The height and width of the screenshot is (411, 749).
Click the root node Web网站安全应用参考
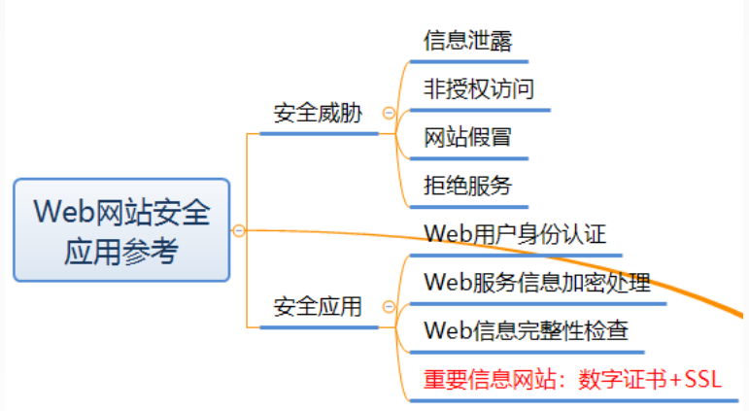point(121,230)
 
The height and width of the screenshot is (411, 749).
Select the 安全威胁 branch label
point(318,113)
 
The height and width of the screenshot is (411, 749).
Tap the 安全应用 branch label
point(318,307)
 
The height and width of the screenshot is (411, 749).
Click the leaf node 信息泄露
point(467,40)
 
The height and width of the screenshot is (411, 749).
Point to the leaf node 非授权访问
point(479,88)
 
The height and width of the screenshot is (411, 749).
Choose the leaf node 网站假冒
point(467,136)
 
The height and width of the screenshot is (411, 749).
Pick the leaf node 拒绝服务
point(467,185)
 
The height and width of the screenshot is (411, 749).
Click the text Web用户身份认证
point(515,234)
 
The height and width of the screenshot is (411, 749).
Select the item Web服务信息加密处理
point(537,283)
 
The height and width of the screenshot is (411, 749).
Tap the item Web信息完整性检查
point(527,330)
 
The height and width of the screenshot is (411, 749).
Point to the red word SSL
point(702,379)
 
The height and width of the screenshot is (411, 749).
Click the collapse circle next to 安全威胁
point(390,114)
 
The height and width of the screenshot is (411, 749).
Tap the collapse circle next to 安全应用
point(390,308)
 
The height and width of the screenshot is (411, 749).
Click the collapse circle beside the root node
point(239,230)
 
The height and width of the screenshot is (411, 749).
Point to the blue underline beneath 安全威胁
point(319,133)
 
